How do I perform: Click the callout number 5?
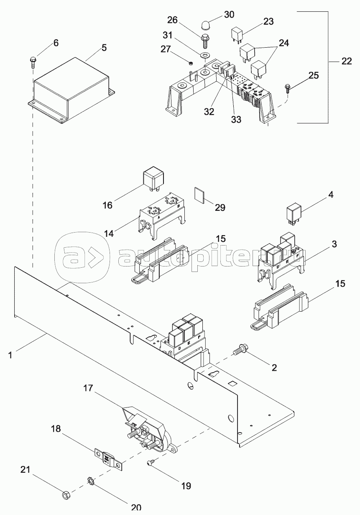(104, 48)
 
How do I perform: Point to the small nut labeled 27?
(189, 63)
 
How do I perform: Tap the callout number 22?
(346, 61)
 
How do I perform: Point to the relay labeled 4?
(294, 213)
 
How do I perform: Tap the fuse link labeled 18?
(108, 459)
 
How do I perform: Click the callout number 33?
(236, 119)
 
